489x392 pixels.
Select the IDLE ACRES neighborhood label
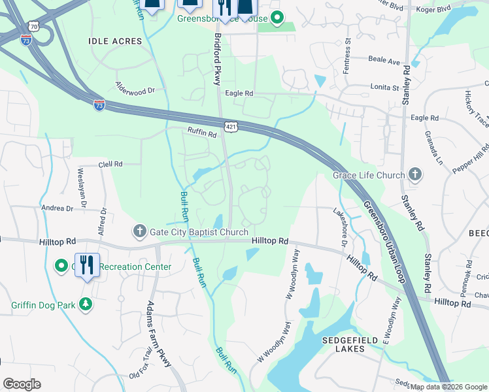(115, 41)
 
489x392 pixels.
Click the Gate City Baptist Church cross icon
(139, 232)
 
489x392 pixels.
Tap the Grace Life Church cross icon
(414, 174)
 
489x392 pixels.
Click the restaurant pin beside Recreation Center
(87, 265)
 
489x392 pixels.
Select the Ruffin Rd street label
(202, 133)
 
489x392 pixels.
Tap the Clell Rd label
(110, 165)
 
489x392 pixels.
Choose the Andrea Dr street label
(57, 208)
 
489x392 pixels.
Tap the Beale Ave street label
(384, 61)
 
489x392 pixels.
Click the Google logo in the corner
(22, 384)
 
